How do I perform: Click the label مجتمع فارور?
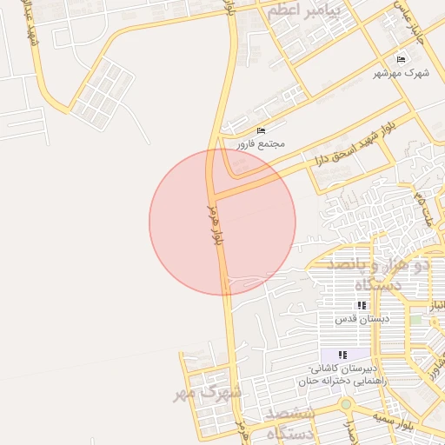click(261, 143)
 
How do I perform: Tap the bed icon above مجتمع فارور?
click(261, 130)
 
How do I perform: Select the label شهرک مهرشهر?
click(402, 73)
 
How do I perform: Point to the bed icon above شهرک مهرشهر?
click(401, 59)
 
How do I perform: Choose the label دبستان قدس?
click(361, 319)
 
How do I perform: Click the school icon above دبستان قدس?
click(362, 306)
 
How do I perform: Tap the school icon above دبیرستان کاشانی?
click(342, 355)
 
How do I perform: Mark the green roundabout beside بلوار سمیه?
click(346, 404)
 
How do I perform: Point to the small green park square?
click(415, 319)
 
